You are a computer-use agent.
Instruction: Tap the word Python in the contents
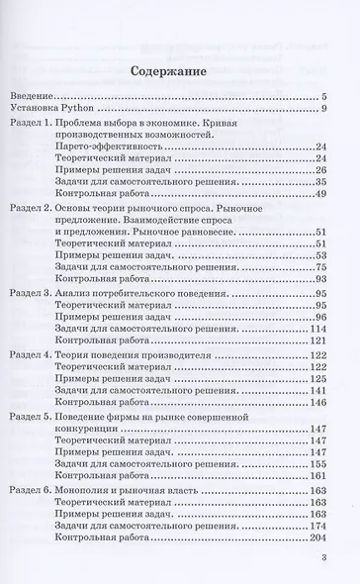pyautogui.click(x=78, y=108)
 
